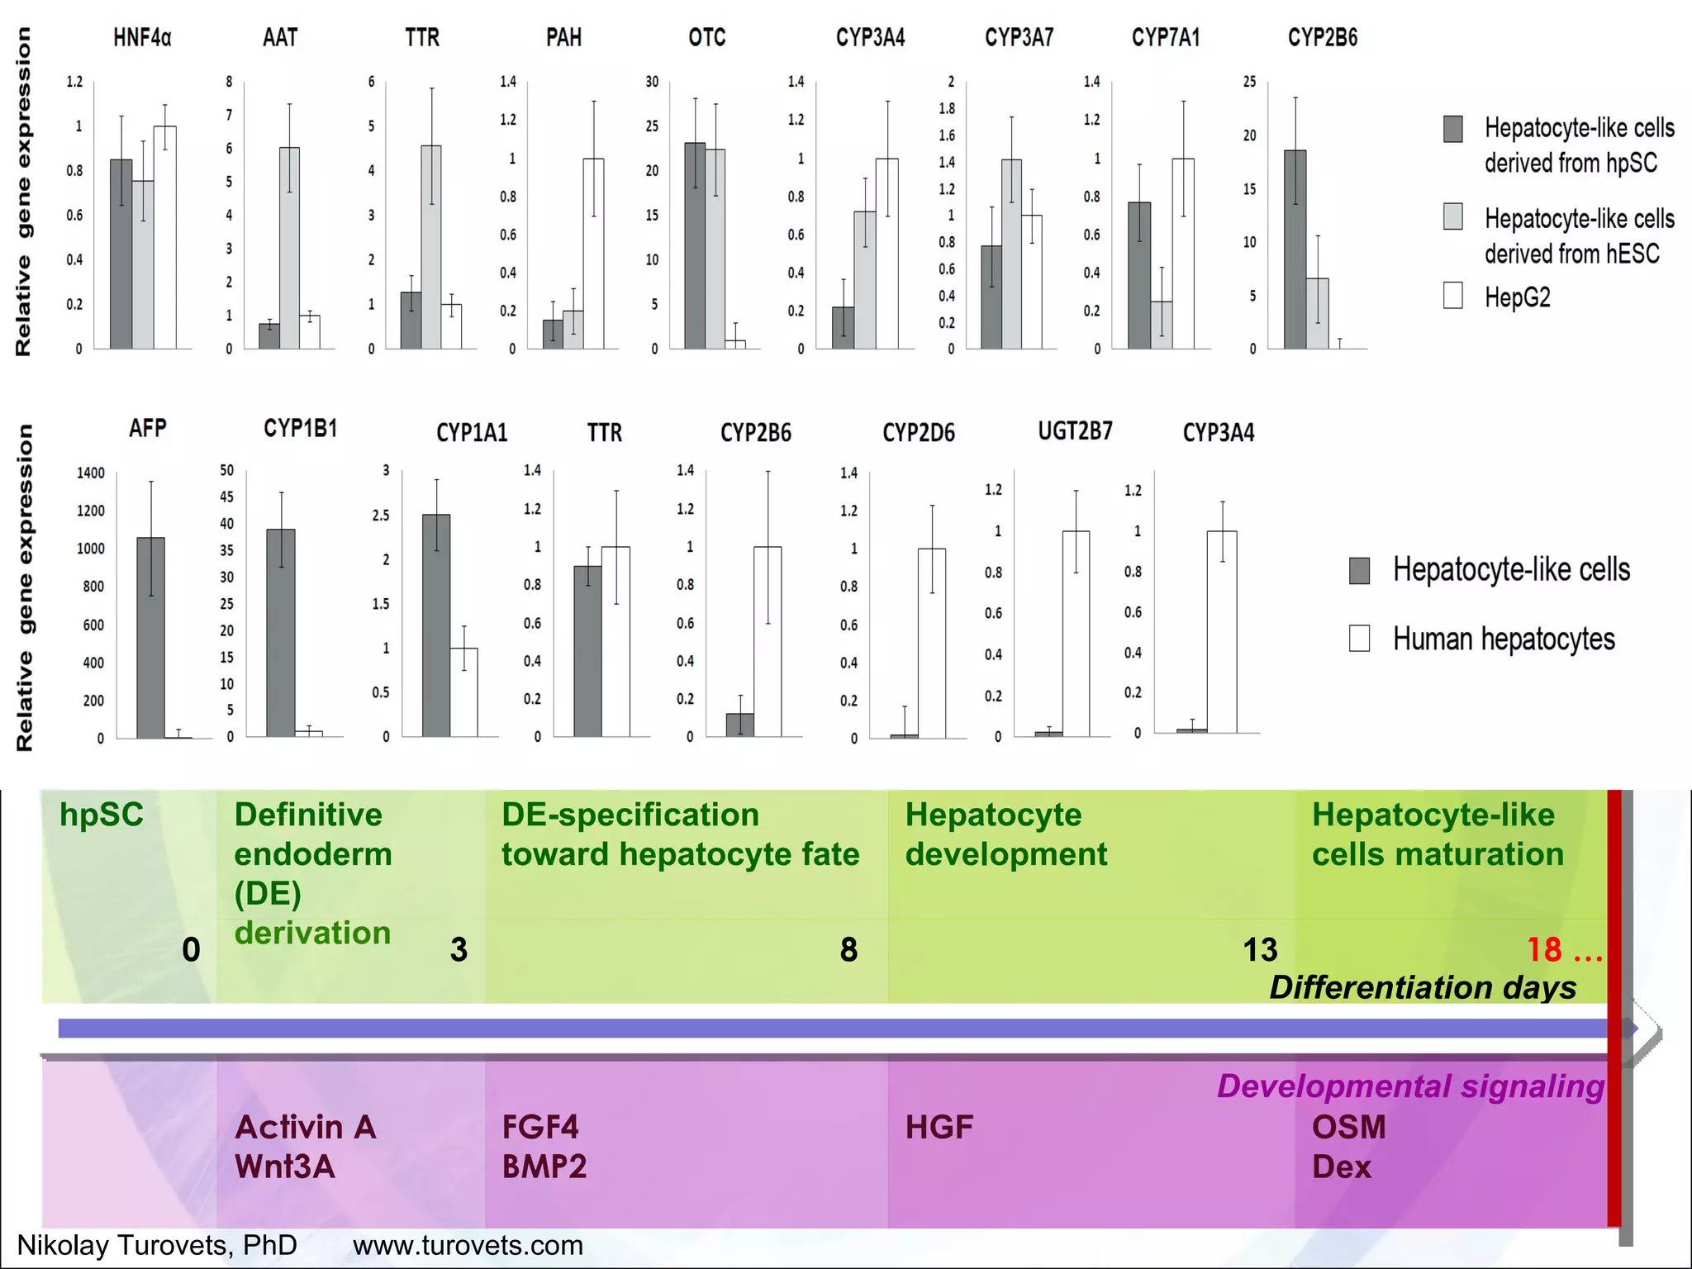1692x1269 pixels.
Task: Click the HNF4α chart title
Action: [142, 38]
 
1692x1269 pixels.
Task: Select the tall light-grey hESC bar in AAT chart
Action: [289, 248]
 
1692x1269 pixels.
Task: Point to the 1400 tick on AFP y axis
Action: [91, 473]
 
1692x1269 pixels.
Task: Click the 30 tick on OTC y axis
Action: [652, 82]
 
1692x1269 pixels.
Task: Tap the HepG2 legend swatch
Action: [1452, 296]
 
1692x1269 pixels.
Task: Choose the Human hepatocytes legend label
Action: [1504, 639]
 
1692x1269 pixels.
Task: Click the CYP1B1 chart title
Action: [301, 428]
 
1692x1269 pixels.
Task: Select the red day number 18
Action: [1543, 949]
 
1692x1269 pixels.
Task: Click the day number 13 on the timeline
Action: [1260, 949]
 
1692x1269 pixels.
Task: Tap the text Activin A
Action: [306, 1127]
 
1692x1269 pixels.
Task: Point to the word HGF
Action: [939, 1127]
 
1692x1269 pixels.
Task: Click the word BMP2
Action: [544, 1167]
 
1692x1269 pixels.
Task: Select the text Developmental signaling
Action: [1410, 1086]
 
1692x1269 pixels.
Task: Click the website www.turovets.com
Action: [468, 1245]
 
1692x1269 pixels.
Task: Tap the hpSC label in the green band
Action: [102, 815]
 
